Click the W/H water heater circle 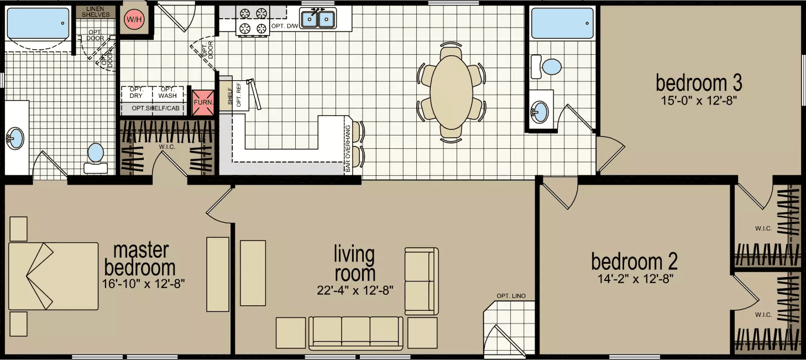(133, 20)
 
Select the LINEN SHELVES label (96, 11)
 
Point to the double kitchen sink (318, 19)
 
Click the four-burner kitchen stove (253, 20)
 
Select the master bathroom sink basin (15, 137)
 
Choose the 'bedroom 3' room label (699, 84)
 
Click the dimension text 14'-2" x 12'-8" (634, 279)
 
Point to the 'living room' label (354, 264)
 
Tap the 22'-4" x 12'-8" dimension (354, 291)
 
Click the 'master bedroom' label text (140, 259)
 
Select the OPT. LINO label (510, 295)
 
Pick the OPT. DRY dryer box (136, 92)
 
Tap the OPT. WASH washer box (168, 92)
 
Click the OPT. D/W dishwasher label (284, 27)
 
